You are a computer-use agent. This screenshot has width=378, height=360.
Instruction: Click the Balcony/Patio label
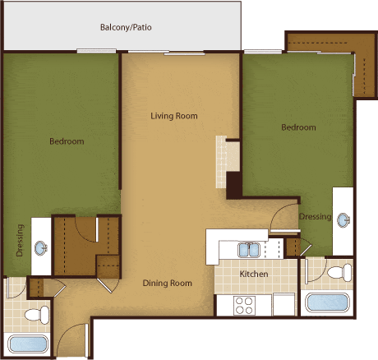pyautogui.click(x=126, y=28)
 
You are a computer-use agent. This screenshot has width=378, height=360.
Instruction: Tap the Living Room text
pyautogui.click(x=174, y=116)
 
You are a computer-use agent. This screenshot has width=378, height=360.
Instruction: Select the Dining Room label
pyautogui.click(x=168, y=284)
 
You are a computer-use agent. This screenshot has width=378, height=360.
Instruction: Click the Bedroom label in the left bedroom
pyautogui.click(x=67, y=141)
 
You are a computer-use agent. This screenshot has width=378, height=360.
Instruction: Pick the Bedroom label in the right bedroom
pyautogui.click(x=298, y=127)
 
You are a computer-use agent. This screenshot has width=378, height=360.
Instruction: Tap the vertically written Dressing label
pyautogui.click(x=21, y=240)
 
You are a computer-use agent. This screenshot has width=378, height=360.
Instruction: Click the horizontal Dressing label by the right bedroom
pyautogui.click(x=315, y=217)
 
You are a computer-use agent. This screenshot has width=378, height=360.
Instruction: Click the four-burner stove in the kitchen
pyautogui.click(x=244, y=305)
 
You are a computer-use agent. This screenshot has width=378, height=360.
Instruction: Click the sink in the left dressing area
pyautogui.click(x=40, y=247)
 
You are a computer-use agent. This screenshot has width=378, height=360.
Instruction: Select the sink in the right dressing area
pyautogui.click(x=343, y=219)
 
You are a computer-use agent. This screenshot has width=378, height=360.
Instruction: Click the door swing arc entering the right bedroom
pyautogui.click(x=283, y=215)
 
